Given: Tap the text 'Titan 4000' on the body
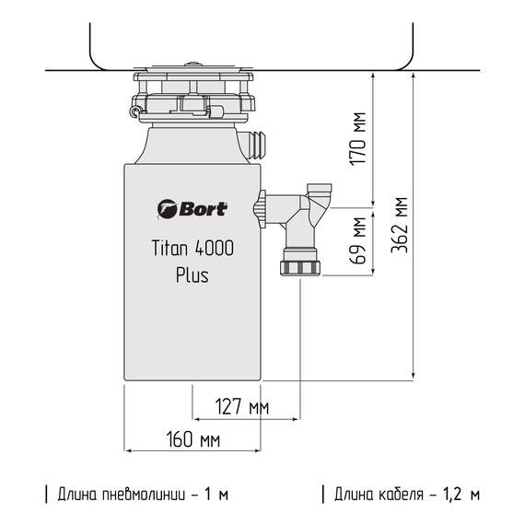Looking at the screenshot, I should [192, 248].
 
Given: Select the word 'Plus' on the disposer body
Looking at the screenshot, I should [192, 274].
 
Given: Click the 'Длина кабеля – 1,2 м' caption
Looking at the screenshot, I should [406, 495].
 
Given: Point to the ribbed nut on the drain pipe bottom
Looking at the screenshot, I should [300, 268].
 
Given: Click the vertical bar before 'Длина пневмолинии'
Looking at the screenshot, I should [46, 495].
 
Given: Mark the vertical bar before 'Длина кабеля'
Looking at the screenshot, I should [323, 495].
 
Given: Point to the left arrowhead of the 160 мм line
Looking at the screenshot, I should [128, 451].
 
